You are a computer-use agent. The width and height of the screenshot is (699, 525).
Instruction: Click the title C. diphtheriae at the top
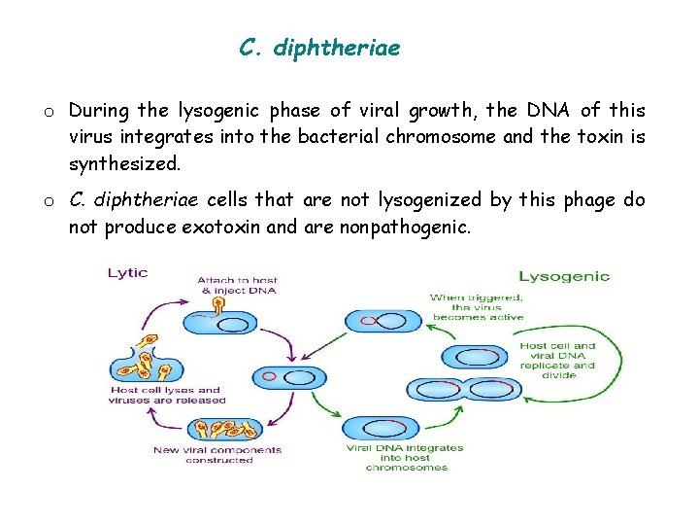pyautogui.click(x=319, y=48)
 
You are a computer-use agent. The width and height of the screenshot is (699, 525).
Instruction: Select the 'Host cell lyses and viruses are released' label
pyautogui.click(x=167, y=395)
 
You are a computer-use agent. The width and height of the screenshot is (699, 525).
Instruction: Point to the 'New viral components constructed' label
pyautogui.click(x=217, y=454)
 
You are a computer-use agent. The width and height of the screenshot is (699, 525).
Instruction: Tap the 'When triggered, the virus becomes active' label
pyautogui.click(x=478, y=307)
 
